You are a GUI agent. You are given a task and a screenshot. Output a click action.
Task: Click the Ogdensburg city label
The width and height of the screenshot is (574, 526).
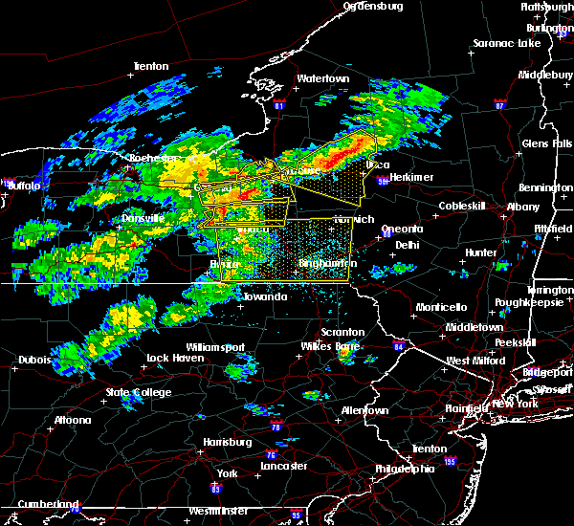coord(373,6)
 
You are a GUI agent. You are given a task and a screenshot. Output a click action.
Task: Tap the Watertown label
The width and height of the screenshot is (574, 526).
coord(321,78)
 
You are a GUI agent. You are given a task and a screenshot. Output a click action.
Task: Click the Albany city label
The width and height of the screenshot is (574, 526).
coord(523,207)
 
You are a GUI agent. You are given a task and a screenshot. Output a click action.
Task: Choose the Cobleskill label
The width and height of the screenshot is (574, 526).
coord(464,207)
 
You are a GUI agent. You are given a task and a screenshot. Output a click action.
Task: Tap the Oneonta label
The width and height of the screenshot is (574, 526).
coord(402,229)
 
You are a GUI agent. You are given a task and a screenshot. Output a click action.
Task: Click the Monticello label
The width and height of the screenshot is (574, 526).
coord(441,307)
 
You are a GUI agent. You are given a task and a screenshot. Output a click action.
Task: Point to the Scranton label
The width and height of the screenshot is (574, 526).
coord(342,332)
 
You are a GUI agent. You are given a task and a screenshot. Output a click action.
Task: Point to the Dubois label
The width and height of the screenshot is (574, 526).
coord(33,361)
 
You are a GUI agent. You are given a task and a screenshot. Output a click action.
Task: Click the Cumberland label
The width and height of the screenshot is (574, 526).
coord(41,503)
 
